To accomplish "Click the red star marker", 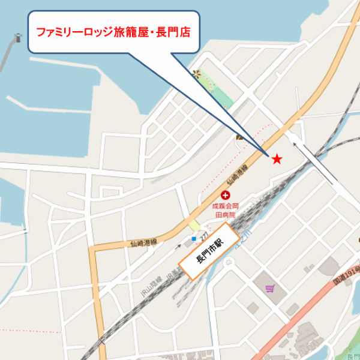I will (x=277, y=159).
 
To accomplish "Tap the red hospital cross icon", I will (x=226, y=195).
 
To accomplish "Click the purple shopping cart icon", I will (x=270, y=289).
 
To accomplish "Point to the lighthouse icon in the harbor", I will (x=17, y=38).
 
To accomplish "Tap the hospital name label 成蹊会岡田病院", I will (x=226, y=209).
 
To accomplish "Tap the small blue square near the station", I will (x=193, y=239).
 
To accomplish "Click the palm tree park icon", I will (x=197, y=74).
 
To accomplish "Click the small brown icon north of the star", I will (x=240, y=137).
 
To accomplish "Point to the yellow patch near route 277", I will (x=194, y=226).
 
